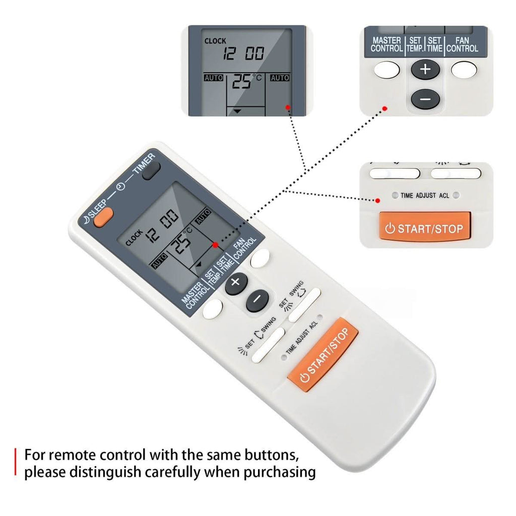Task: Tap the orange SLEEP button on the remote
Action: click(103, 217)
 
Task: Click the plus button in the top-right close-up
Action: click(425, 70)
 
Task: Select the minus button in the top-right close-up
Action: click(425, 99)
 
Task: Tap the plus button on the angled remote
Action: click(236, 283)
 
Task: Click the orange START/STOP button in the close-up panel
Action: click(425, 227)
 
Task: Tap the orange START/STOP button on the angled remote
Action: click(323, 355)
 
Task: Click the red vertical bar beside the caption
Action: click(15, 462)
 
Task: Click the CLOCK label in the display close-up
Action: click(215, 41)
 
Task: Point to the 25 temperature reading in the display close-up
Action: click(241, 81)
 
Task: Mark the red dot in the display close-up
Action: click(288, 107)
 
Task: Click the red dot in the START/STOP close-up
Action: click(378, 201)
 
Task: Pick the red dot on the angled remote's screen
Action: click(215, 245)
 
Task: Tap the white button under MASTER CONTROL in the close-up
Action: click(386, 70)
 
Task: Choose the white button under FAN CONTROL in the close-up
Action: click(464, 70)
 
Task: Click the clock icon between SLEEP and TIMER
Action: click(121, 186)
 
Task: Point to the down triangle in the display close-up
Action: click(237, 111)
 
